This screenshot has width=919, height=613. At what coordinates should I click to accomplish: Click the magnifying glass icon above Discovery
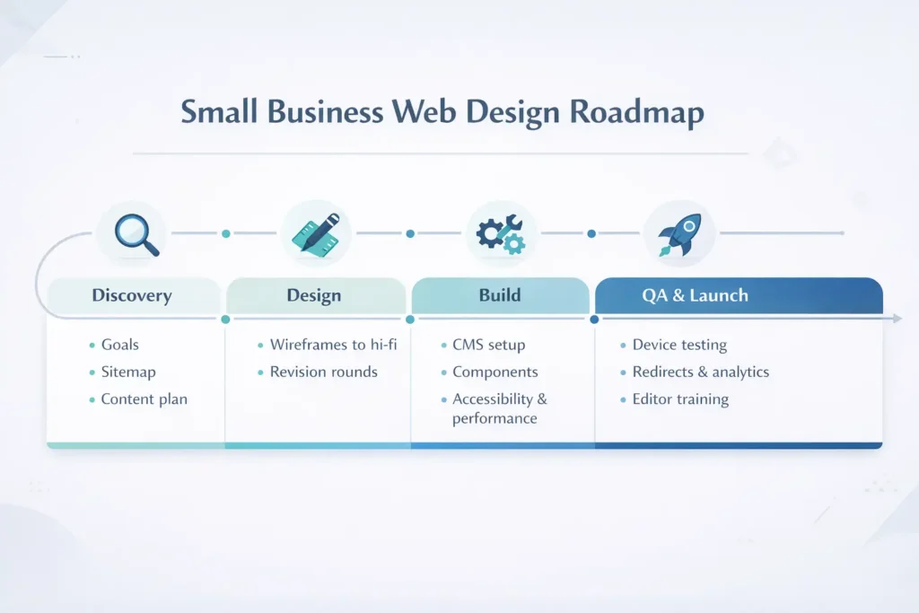[133, 232]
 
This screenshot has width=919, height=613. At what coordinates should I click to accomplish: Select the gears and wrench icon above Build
[501, 232]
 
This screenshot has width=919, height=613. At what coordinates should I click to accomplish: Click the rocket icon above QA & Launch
[679, 232]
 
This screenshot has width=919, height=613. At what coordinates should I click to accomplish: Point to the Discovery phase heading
[131, 295]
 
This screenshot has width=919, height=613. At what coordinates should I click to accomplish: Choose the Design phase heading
[315, 295]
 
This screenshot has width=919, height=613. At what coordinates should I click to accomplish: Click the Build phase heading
[500, 295]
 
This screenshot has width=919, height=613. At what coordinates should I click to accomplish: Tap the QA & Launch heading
[695, 295]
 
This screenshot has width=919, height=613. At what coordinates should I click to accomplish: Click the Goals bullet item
[119, 345]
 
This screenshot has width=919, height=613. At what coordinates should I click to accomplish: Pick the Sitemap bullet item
[128, 372]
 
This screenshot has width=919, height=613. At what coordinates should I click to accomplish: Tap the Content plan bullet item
[144, 399]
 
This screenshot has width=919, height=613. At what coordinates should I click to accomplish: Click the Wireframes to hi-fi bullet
[333, 345]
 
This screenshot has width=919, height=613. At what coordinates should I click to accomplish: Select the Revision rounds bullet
[323, 372]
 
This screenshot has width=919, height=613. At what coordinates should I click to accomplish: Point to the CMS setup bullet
[488, 345]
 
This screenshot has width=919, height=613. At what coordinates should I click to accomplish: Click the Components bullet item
[495, 372]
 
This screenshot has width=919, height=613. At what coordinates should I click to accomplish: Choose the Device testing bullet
[679, 345]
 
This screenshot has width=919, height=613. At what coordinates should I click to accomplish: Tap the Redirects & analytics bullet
[700, 372]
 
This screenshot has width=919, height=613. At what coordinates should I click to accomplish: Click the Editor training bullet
[680, 399]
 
